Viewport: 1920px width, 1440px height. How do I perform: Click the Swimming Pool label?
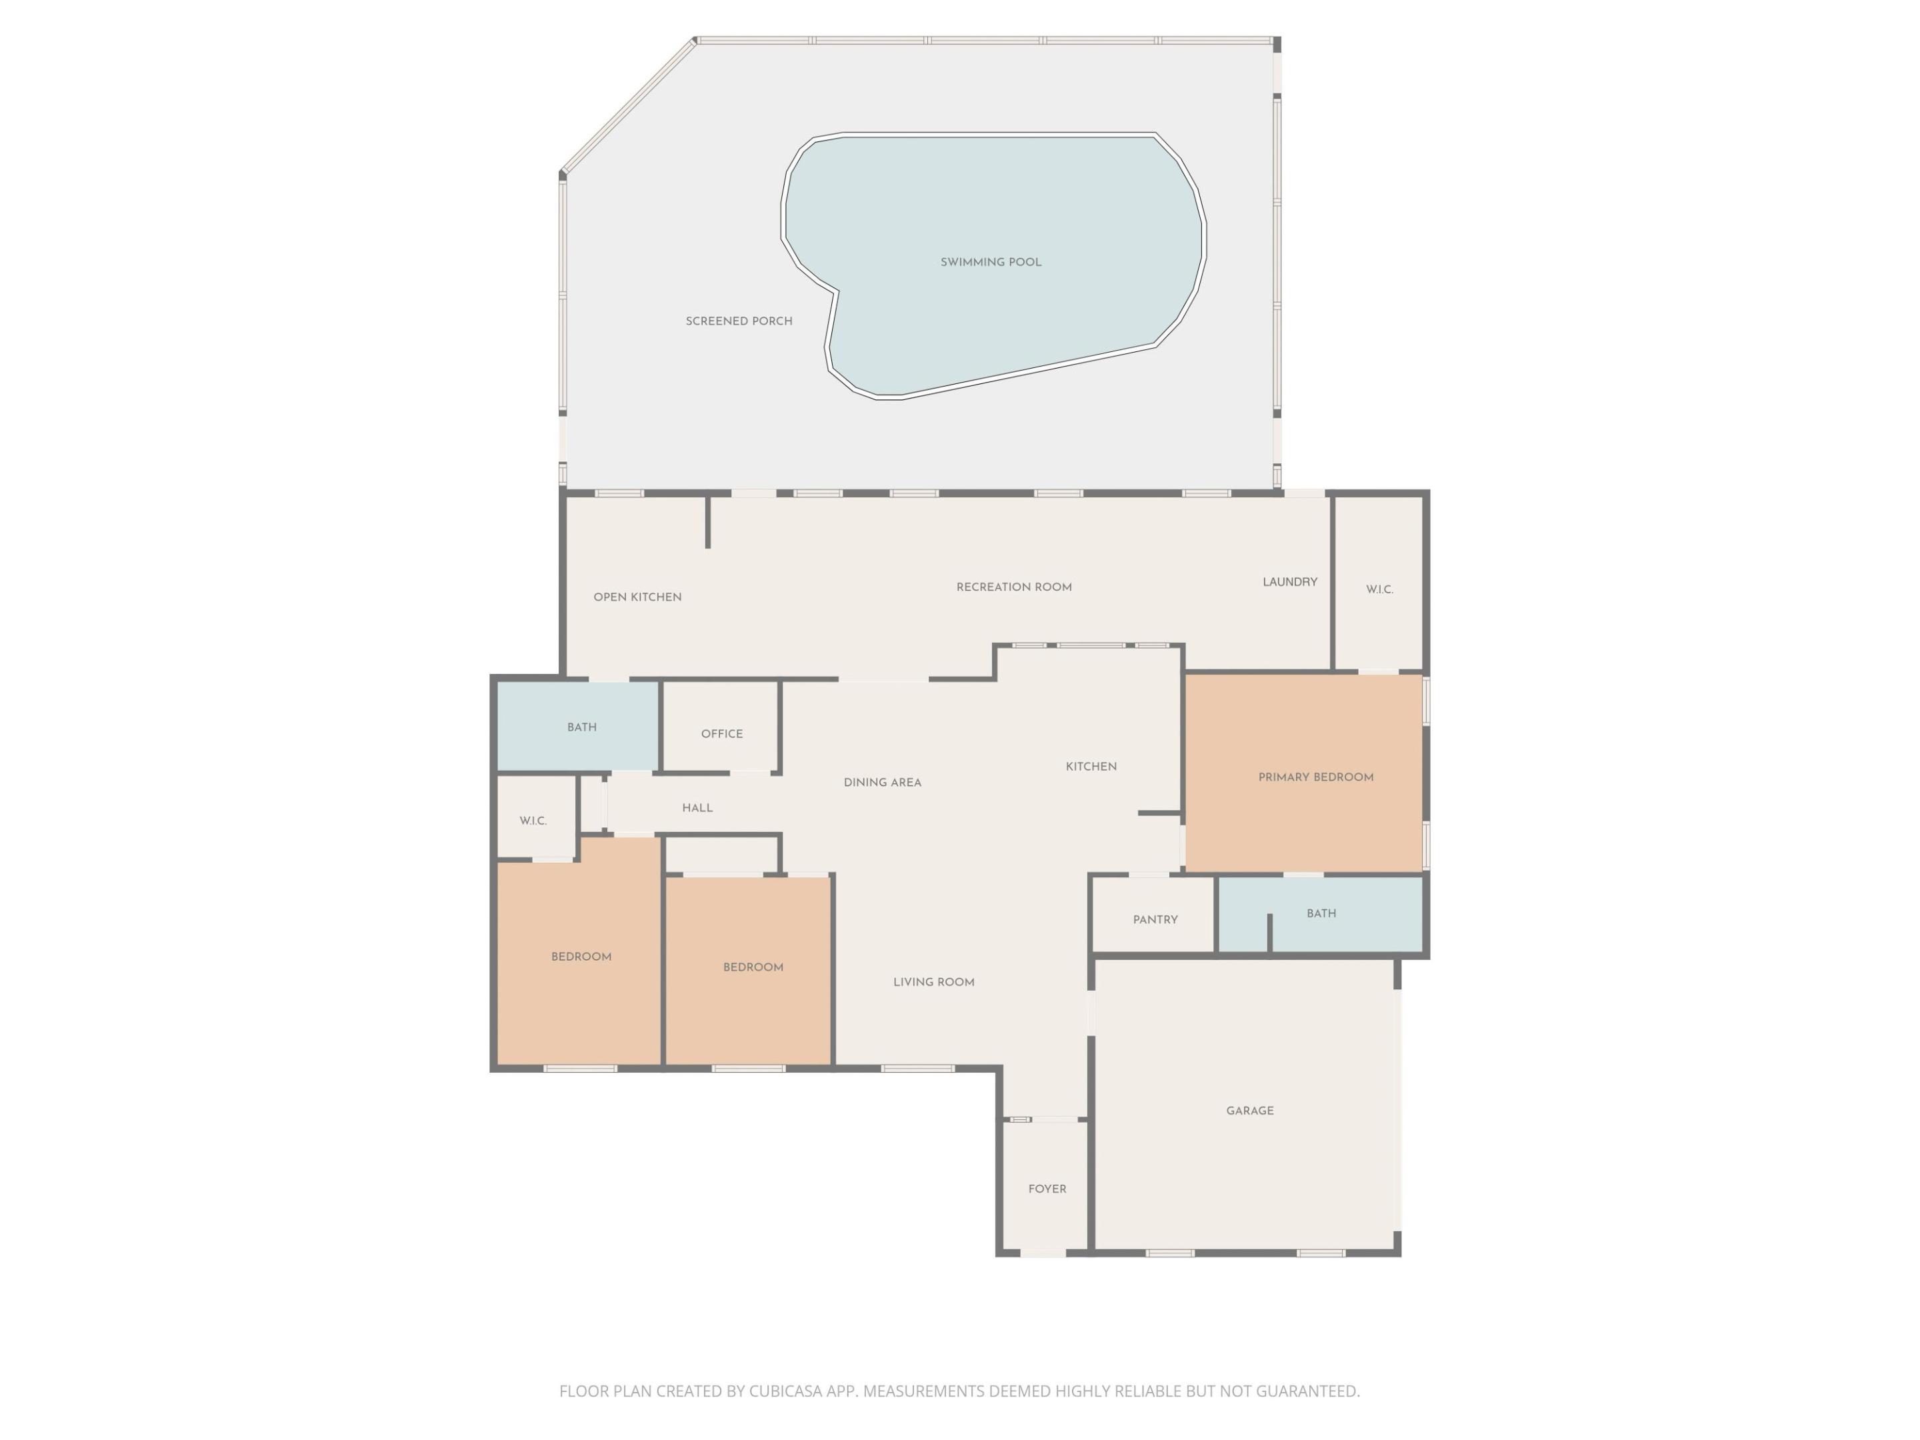(991, 262)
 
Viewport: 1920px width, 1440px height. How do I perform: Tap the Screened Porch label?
(739, 321)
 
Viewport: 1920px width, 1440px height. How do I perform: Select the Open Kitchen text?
(637, 597)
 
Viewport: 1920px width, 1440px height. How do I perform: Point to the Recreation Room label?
(1014, 587)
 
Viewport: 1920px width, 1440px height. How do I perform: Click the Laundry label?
(1290, 583)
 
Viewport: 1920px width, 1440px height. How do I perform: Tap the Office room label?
(722, 734)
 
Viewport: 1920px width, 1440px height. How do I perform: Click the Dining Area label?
(882, 783)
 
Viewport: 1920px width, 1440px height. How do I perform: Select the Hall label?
(697, 808)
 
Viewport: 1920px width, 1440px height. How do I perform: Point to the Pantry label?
(1155, 920)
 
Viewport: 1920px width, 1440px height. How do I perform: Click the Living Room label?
(934, 983)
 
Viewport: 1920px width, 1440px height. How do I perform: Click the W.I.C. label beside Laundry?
(1379, 590)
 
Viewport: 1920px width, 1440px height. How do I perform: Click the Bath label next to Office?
(581, 727)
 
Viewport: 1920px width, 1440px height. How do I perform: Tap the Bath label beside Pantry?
(1321, 914)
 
